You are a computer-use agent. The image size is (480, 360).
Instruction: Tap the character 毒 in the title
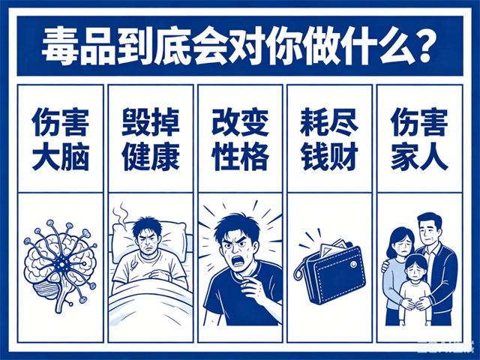pos(59,45)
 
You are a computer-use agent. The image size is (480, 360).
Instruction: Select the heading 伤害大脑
pos(61,139)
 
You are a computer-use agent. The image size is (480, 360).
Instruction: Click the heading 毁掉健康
pos(151,139)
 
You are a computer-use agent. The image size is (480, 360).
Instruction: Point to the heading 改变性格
pos(240,139)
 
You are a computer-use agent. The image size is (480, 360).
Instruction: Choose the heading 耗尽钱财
pos(329,139)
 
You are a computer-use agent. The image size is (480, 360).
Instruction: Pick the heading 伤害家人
pos(419,139)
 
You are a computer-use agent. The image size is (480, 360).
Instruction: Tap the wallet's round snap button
pos(354,263)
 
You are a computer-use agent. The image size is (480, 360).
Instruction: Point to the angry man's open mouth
pos(237,261)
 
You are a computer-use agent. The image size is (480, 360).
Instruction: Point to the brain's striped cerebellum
pos(46,290)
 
